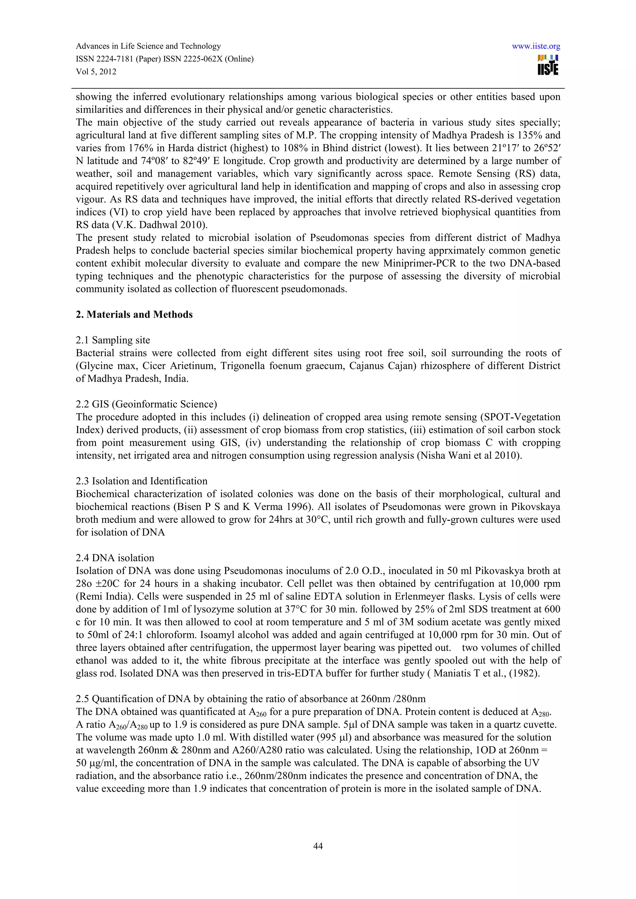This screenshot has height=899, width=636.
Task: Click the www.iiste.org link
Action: (536, 46)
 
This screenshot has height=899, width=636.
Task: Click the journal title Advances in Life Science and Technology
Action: (148, 46)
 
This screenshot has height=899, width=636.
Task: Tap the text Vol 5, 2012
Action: (96, 72)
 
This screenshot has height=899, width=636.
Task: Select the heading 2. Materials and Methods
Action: (134, 315)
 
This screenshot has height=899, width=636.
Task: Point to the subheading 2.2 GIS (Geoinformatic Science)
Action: (146, 404)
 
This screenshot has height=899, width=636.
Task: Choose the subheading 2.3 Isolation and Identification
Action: (142, 481)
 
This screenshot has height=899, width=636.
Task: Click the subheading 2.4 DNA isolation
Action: (115, 558)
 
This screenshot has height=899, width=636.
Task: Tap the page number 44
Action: (318, 846)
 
